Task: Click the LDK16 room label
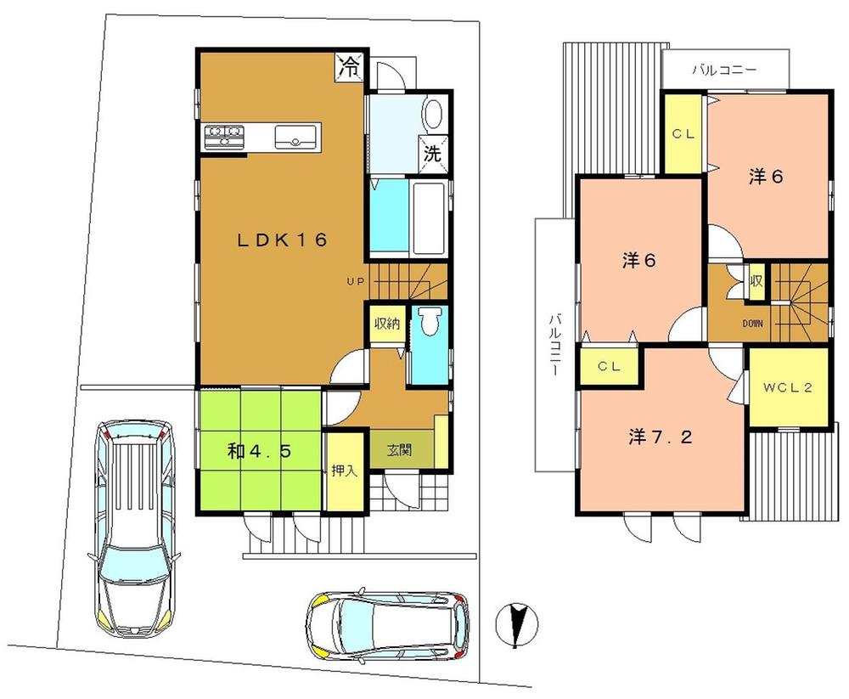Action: [281, 240]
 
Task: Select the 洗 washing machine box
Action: [432, 155]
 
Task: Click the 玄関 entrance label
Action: [400, 451]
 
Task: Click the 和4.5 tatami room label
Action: [260, 451]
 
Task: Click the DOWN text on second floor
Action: [729, 324]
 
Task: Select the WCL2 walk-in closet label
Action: [788, 388]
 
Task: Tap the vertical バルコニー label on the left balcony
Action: [553, 345]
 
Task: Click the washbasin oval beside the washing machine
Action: [432, 116]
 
